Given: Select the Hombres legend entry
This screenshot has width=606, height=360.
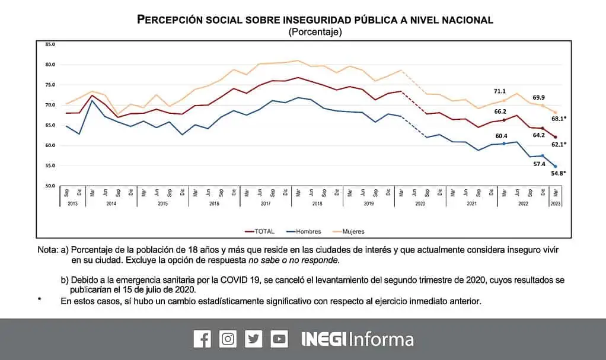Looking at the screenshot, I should point(304,231).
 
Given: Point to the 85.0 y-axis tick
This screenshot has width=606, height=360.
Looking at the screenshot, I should point(50,44).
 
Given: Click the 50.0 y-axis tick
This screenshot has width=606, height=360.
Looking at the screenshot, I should point(50,186).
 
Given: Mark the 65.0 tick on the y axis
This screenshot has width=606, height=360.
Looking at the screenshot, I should point(50,126).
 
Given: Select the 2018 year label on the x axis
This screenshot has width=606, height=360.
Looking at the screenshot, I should point(317,203).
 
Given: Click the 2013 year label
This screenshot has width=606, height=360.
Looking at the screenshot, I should point(72,203).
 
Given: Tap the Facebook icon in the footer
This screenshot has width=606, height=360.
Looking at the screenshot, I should point(202,339).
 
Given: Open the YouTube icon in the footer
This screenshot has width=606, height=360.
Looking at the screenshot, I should point(279,339).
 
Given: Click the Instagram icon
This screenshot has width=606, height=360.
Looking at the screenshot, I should point(228,339).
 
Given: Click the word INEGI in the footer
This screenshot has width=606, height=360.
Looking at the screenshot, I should point(323,339).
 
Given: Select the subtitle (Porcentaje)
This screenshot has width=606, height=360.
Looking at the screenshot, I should point(315,32).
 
